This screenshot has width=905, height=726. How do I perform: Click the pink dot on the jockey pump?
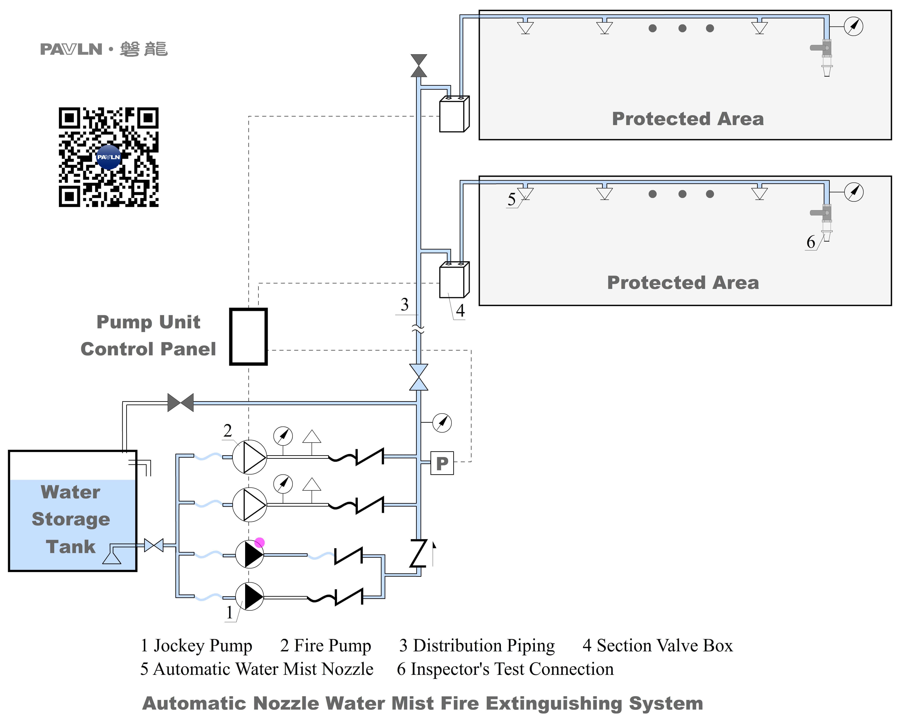point(260,543)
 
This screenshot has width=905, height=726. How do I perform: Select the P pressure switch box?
point(442,463)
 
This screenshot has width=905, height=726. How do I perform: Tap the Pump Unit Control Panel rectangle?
point(248,337)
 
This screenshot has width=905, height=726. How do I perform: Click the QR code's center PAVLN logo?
point(108,157)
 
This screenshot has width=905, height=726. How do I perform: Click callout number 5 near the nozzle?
point(511,199)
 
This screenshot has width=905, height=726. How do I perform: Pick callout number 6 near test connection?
point(810,242)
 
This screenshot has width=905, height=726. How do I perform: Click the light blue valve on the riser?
point(419,377)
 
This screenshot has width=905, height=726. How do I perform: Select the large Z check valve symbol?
point(419,553)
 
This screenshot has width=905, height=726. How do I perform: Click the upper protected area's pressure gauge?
point(853,26)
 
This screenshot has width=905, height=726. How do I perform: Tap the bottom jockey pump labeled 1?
point(249,596)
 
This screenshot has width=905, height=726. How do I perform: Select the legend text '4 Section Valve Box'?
point(657,645)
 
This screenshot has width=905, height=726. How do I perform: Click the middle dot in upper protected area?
point(682,28)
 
